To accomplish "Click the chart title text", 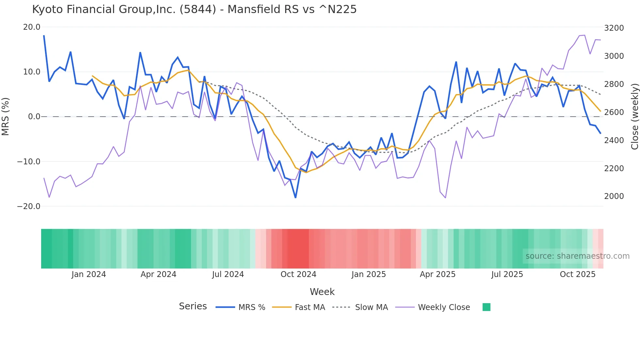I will tap(194, 9).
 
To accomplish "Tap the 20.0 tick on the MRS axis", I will tap(32, 27).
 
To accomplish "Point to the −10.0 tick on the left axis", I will tap(29, 161).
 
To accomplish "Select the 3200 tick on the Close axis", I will tap(614, 28).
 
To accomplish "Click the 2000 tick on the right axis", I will tap(614, 196).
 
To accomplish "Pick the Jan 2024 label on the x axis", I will tap(88, 274).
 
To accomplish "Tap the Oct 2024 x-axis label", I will tap(298, 274).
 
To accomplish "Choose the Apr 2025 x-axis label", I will tap(438, 274).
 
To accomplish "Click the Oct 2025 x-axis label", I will tap(578, 274).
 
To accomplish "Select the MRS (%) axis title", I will tap(5, 117).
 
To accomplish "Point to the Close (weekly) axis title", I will tap(634, 117).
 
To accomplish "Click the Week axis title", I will tap(322, 292).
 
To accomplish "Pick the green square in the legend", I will tap(486, 307).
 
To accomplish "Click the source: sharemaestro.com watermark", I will tap(577, 256).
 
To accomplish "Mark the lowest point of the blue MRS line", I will tap(296, 198).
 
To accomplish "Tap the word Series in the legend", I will tap(193, 306).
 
